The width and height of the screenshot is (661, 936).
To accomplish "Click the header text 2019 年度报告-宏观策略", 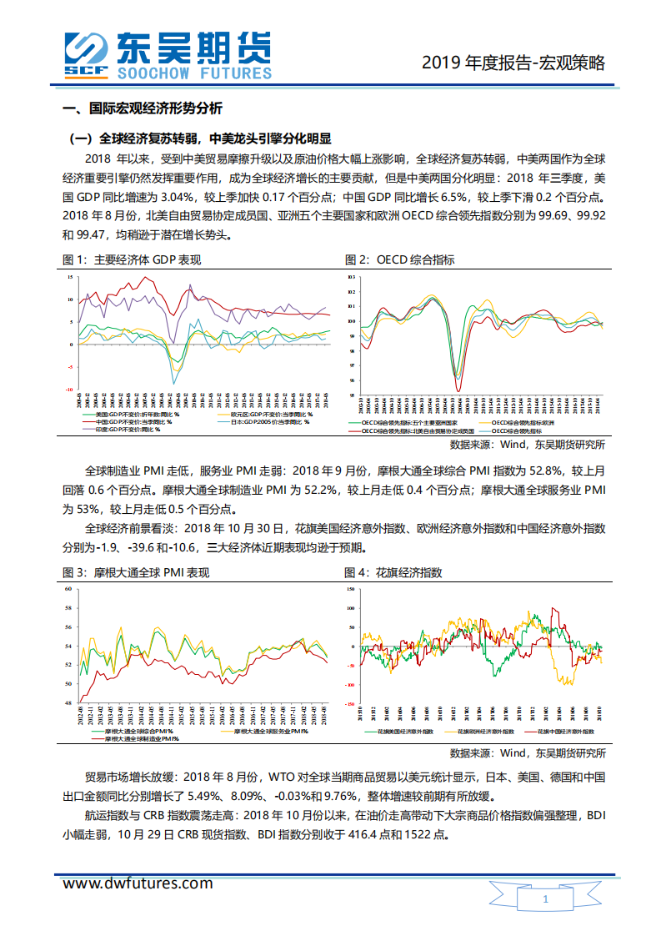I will (513, 63).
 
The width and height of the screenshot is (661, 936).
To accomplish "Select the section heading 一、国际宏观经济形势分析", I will (143, 109).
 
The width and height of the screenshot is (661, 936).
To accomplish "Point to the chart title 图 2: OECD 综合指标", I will (399, 259).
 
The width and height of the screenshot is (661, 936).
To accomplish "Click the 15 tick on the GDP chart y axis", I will (71, 276).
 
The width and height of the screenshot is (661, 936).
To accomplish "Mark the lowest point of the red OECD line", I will (458, 390).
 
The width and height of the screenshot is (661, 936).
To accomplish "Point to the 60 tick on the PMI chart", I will (69, 589).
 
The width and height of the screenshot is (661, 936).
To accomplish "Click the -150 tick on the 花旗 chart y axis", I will (350, 703).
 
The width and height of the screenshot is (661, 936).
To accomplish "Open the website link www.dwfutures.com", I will (138, 883).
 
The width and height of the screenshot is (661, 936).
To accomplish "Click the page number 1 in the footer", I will (545, 900).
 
